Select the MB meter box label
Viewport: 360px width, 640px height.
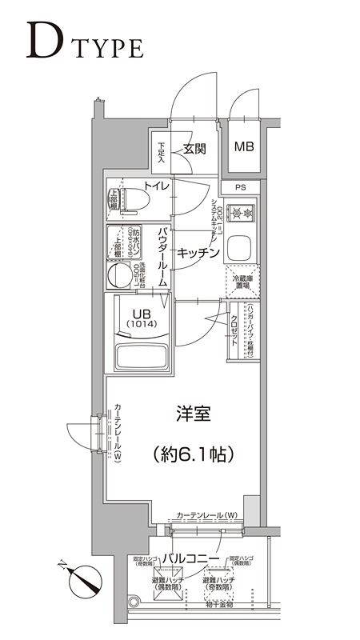click(x=243, y=147)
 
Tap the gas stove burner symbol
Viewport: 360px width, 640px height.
click(x=242, y=214)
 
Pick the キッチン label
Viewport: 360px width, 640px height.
click(x=198, y=253)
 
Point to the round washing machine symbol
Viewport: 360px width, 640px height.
click(x=120, y=277)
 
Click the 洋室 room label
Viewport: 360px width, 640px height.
click(x=193, y=414)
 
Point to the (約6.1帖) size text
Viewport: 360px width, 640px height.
click(x=193, y=454)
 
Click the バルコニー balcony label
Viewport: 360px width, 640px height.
click(x=194, y=557)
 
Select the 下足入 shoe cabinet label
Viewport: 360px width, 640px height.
click(x=162, y=153)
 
